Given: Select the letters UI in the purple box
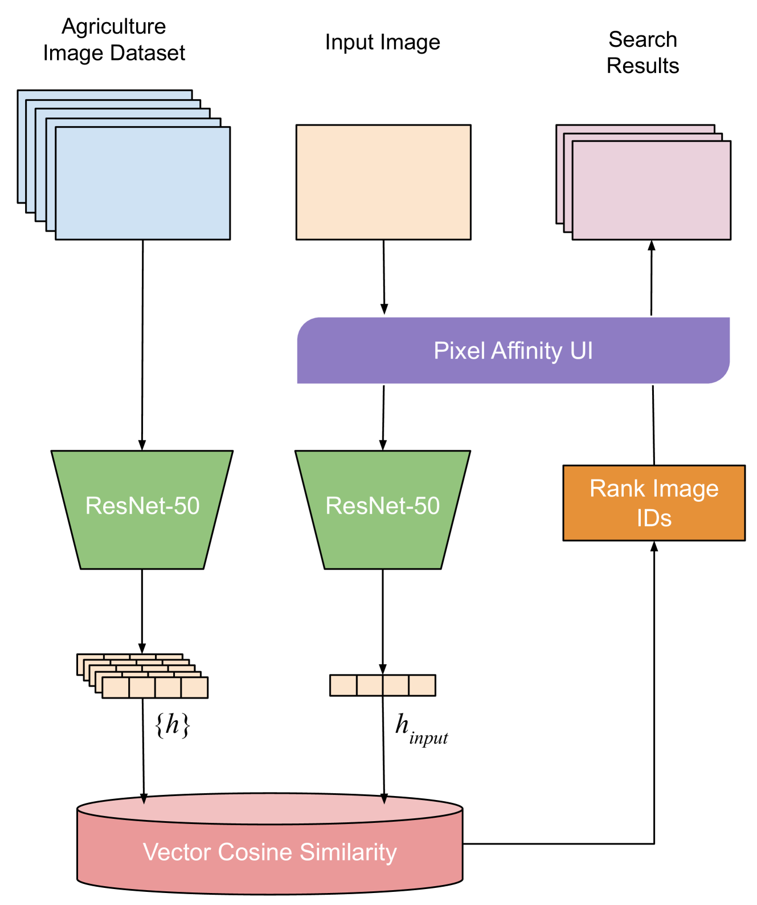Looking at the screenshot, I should click(581, 351).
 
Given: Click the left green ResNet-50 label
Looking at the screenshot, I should click(142, 506).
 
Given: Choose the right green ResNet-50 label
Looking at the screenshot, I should click(382, 506).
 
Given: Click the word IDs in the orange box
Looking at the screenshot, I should click(654, 518).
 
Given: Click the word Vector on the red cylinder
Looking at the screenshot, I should click(177, 852).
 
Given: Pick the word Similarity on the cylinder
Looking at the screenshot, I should click(348, 852).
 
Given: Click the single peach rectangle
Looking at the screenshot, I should click(383, 182).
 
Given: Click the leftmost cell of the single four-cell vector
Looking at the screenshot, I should click(343, 685).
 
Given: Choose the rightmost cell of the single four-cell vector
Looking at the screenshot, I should click(422, 685).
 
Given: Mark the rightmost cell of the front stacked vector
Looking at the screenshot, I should click(194, 688).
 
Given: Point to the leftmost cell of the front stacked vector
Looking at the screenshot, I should click(116, 688).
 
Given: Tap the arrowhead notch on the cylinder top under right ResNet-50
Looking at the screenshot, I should click(384, 801).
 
